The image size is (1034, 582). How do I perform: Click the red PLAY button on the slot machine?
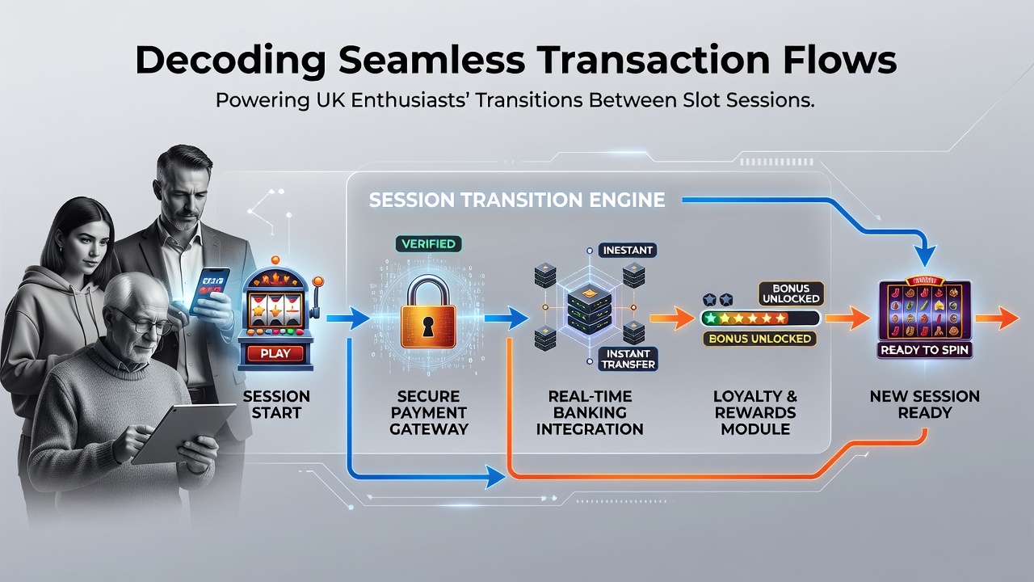275,353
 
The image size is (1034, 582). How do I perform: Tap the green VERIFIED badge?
428,244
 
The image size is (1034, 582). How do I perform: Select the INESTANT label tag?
628,251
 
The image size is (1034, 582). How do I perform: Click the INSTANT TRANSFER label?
628,359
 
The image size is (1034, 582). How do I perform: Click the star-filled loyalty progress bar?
760,318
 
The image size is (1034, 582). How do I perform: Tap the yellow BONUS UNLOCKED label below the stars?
760,339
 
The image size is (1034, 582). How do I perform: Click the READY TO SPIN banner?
924,350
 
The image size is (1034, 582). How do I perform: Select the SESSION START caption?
276,404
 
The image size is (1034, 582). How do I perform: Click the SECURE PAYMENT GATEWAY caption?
429,412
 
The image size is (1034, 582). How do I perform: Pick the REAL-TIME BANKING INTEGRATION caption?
590,412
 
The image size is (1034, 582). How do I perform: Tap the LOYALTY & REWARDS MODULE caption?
755,412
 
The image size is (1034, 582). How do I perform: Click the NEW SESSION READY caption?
925,404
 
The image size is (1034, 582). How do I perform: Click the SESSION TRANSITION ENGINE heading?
517,200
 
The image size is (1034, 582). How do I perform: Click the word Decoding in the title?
231,61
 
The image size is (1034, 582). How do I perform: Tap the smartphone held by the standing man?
210,290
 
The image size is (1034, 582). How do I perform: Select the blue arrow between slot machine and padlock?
348,318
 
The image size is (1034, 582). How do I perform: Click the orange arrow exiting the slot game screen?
997,318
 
